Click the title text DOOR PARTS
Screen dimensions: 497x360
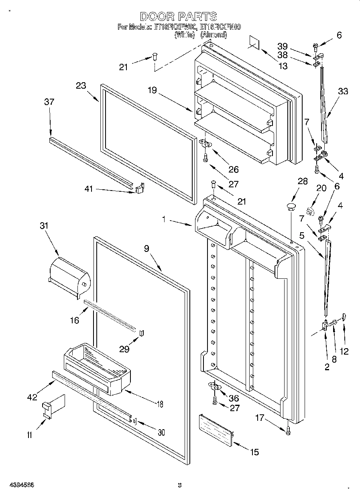[179, 16]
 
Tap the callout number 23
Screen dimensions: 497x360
[81, 85]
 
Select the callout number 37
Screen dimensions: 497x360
[49, 102]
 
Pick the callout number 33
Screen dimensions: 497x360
[343, 91]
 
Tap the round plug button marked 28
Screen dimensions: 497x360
[291, 207]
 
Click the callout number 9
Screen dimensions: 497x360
[146, 248]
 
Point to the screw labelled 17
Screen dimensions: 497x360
[288, 430]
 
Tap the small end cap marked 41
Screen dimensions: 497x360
[140, 188]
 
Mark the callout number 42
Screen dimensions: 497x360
[32, 397]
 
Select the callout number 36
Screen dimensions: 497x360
[234, 398]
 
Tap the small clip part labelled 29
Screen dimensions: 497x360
[141, 333]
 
